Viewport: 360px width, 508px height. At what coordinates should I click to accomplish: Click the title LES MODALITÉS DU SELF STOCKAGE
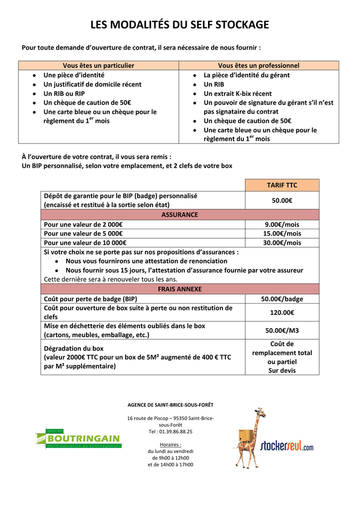(x=179, y=25)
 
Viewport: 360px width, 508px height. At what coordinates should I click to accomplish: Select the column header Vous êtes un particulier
(x=98, y=65)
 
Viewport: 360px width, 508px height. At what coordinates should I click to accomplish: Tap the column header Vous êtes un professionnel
(x=259, y=65)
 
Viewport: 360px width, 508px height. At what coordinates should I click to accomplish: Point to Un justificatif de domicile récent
(x=92, y=84)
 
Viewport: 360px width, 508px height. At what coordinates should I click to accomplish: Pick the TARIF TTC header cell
(x=282, y=185)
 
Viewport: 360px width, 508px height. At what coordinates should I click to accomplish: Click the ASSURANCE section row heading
(x=180, y=215)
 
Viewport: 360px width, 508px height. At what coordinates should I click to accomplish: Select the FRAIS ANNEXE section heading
(x=180, y=289)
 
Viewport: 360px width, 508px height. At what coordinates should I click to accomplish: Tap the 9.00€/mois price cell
(x=282, y=224)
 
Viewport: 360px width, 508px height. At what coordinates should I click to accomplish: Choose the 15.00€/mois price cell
(x=282, y=234)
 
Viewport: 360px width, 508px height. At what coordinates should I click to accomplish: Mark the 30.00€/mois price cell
(x=282, y=243)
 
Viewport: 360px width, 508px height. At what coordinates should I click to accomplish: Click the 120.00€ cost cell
(x=282, y=313)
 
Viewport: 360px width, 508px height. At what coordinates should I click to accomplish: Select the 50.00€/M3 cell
(x=282, y=330)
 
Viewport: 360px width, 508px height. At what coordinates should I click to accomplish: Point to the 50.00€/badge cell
(x=282, y=299)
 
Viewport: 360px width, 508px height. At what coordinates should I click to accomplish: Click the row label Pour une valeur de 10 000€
(x=85, y=243)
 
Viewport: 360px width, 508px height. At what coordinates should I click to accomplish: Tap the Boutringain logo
(x=78, y=439)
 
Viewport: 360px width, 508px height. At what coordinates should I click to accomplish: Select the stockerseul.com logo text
(x=287, y=445)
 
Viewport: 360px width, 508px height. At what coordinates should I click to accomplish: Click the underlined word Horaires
(x=170, y=444)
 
